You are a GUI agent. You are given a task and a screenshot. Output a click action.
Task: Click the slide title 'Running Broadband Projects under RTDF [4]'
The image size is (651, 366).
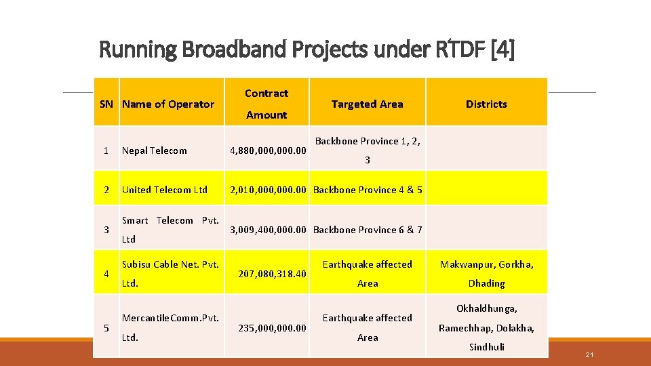[307, 49]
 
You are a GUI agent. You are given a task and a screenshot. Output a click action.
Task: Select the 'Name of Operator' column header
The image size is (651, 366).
[167, 104]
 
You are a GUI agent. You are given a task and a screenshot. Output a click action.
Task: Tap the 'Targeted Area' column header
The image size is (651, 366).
[367, 104]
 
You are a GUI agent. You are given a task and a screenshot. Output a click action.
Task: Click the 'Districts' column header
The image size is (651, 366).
[486, 104]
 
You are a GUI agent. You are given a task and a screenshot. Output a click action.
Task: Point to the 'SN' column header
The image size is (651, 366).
[106, 104]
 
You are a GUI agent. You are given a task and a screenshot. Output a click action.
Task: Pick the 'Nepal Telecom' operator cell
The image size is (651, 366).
[154, 150]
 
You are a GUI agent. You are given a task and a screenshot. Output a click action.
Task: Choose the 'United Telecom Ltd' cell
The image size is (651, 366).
[165, 190]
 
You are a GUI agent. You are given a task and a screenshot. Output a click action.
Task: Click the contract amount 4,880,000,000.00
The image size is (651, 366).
[269, 150]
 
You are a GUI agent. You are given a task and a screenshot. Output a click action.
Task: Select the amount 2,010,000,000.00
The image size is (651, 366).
[269, 190]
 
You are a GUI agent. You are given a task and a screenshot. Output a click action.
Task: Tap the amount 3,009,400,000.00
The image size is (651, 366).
[269, 230]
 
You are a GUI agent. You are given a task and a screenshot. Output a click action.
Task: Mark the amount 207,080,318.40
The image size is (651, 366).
[272, 274]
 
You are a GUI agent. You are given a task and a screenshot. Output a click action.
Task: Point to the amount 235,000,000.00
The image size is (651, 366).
[272, 328]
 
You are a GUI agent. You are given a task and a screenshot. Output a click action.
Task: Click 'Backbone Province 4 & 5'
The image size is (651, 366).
[368, 190]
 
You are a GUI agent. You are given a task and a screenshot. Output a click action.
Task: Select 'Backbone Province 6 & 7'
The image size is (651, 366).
[368, 230]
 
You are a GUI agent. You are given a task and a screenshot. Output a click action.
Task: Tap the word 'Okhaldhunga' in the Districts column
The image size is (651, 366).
[486, 308]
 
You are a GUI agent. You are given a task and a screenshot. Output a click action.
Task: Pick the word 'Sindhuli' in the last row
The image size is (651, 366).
[486, 347]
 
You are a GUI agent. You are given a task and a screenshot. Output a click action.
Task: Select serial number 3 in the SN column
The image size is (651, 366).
[106, 230]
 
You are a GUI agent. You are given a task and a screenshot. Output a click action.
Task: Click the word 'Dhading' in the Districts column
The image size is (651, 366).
[486, 283]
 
